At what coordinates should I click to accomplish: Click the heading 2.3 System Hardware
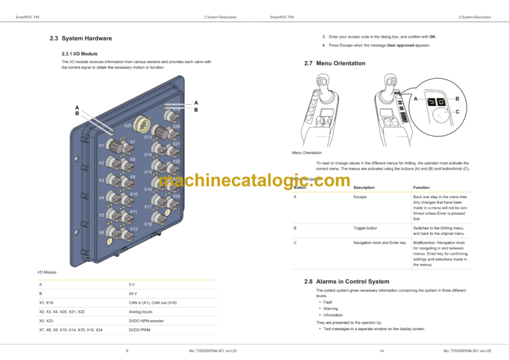pyautogui.click(x=81, y=38)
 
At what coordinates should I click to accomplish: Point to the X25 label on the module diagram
pyautogui.click(x=129, y=125)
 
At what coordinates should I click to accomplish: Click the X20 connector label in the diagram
pyautogui.click(x=176, y=127)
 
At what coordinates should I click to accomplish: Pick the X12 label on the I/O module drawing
pyautogui.click(x=133, y=229)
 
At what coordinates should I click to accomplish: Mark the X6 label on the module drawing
pyautogui.click(x=101, y=233)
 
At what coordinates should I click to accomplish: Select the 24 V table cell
pyautogui.click(x=133, y=293)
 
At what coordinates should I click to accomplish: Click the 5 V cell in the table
pyautogui.click(x=132, y=284)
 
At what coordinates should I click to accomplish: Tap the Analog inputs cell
pyautogui.click(x=141, y=311)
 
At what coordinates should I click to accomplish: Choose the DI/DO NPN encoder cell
pyautogui.click(x=146, y=320)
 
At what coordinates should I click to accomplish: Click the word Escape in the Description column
pyautogui.click(x=360, y=197)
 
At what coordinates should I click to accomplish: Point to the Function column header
pyautogui.click(x=422, y=188)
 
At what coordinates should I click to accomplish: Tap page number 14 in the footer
pyautogui.click(x=382, y=350)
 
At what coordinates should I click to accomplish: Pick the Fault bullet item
pyautogui.click(x=328, y=302)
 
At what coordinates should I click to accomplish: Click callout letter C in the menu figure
pyautogui.click(x=456, y=112)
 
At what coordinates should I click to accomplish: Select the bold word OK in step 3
pyautogui.click(x=431, y=36)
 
